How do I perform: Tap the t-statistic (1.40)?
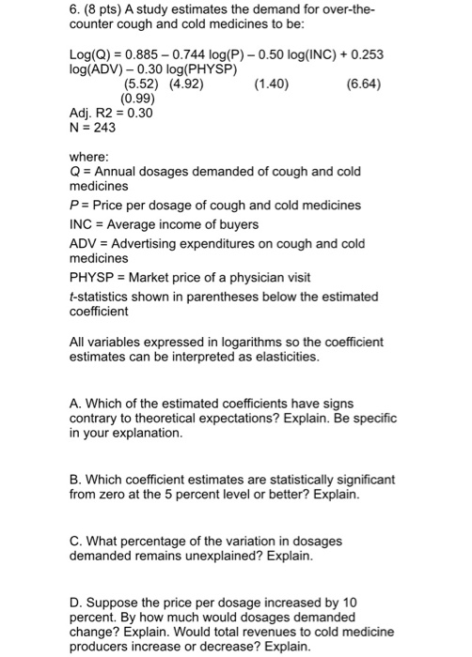(x=271, y=84)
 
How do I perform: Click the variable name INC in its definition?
(x=83, y=224)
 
